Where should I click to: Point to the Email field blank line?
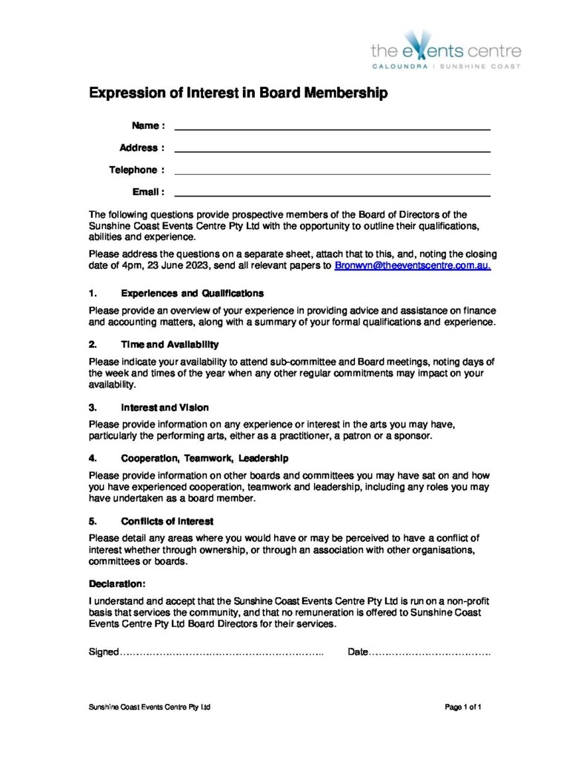click(332, 195)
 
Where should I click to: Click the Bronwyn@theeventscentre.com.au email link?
click(413, 265)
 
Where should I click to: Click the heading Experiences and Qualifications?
click(192, 294)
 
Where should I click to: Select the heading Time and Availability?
click(170, 345)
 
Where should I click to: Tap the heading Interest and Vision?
click(164, 407)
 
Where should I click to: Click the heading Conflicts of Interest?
click(167, 520)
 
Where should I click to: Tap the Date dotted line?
click(430, 652)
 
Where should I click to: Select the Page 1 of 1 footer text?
click(464, 708)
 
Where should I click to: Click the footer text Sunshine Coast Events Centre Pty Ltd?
click(150, 708)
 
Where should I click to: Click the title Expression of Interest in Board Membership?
click(238, 93)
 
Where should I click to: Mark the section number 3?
click(93, 407)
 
